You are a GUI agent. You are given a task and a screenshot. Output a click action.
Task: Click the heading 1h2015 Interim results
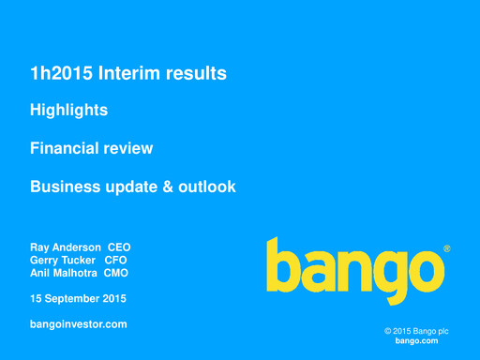[x=128, y=73]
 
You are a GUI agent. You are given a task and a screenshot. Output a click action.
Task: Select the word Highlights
[x=68, y=111]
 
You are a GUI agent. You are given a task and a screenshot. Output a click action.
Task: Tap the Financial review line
[x=91, y=148]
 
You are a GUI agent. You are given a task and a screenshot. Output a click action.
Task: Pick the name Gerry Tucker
[x=63, y=260]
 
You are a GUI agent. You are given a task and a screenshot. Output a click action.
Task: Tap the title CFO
[x=114, y=260]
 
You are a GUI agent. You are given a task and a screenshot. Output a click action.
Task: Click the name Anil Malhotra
[x=64, y=273]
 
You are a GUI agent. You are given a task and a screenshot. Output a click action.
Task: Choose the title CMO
[x=116, y=273]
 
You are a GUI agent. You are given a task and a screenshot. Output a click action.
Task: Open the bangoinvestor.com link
[x=78, y=324]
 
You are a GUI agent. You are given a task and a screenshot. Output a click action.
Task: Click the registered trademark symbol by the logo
[x=446, y=249]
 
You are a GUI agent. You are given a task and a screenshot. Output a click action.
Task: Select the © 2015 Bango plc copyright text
[x=416, y=332]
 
